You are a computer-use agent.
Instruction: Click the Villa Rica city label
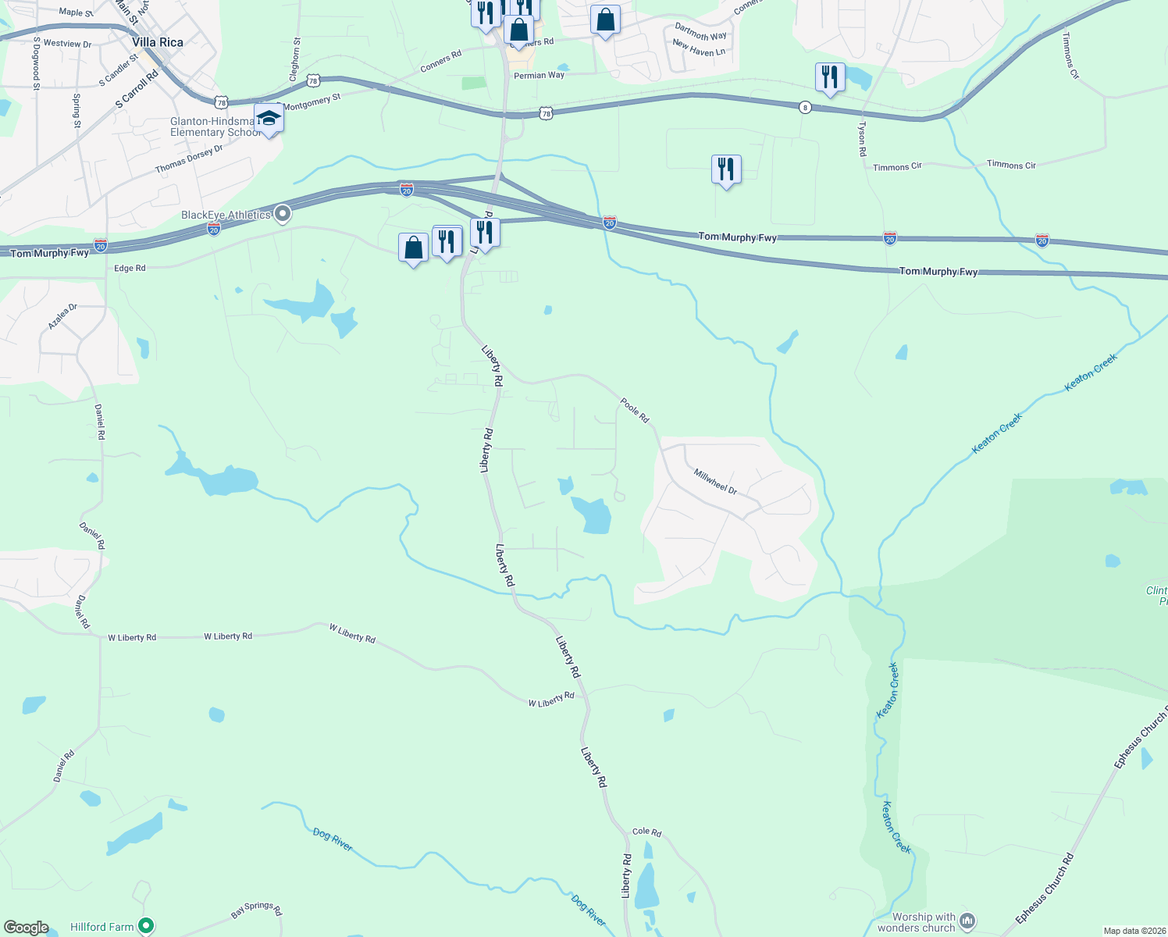(158, 42)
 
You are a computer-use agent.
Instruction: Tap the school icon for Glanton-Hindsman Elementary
(269, 119)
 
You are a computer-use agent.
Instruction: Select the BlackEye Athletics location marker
(283, 213)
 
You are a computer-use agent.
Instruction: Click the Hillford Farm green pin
(145, 926)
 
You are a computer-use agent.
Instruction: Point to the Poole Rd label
(635, 410)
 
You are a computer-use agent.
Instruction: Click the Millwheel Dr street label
(715, 480)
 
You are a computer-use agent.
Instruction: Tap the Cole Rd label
(646, 832)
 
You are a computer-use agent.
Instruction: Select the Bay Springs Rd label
(257, 910)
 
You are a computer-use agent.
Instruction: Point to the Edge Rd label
(130, 268)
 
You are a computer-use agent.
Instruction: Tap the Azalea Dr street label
(62, 316)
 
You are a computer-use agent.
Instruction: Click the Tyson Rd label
(862, 138)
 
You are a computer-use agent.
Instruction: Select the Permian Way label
(539, 76)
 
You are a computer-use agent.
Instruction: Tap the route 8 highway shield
(805, 107)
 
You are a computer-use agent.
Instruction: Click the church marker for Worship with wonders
(967, 921)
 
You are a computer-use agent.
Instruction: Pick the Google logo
(27, 928)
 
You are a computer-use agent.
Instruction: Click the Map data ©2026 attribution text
(1132, 931)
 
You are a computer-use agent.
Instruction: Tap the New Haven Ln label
(699, 48)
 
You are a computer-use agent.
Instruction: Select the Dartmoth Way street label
(700, 32)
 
